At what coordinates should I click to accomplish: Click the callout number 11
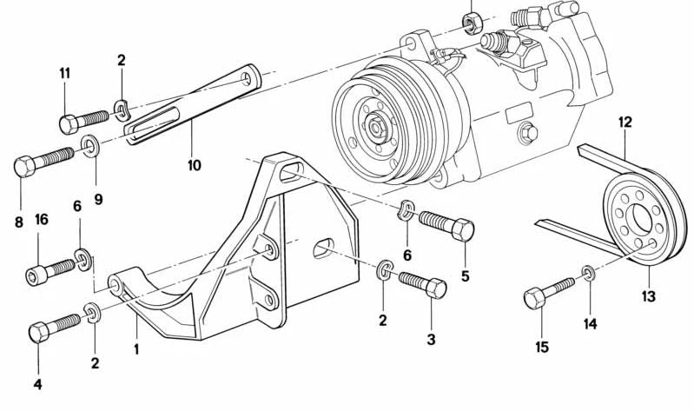[65, 74]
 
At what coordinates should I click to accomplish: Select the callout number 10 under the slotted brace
[195, 166]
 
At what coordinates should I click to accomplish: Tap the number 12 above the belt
[625, 123]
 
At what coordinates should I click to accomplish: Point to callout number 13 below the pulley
[649, 296]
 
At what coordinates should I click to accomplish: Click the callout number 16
[42, 220]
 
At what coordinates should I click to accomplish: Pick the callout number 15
[542, 348]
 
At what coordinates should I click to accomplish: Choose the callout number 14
[591, 324]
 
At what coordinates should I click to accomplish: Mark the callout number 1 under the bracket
[136, 349]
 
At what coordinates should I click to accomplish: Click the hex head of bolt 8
[24, 167]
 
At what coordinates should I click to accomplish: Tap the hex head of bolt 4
[39, 332]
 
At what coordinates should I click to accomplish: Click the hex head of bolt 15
[535, 298]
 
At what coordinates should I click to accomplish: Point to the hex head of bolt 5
[463, 230]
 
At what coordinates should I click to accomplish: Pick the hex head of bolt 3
[435, 288]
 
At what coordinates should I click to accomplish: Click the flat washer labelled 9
[90, 146]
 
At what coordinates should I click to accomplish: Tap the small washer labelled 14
[589, 274]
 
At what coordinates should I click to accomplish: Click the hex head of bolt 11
[69, 124]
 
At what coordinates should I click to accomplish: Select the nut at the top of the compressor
[470, 23]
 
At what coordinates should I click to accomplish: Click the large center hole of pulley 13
[643, 218]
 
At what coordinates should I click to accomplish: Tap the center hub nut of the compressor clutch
[376, 128]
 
